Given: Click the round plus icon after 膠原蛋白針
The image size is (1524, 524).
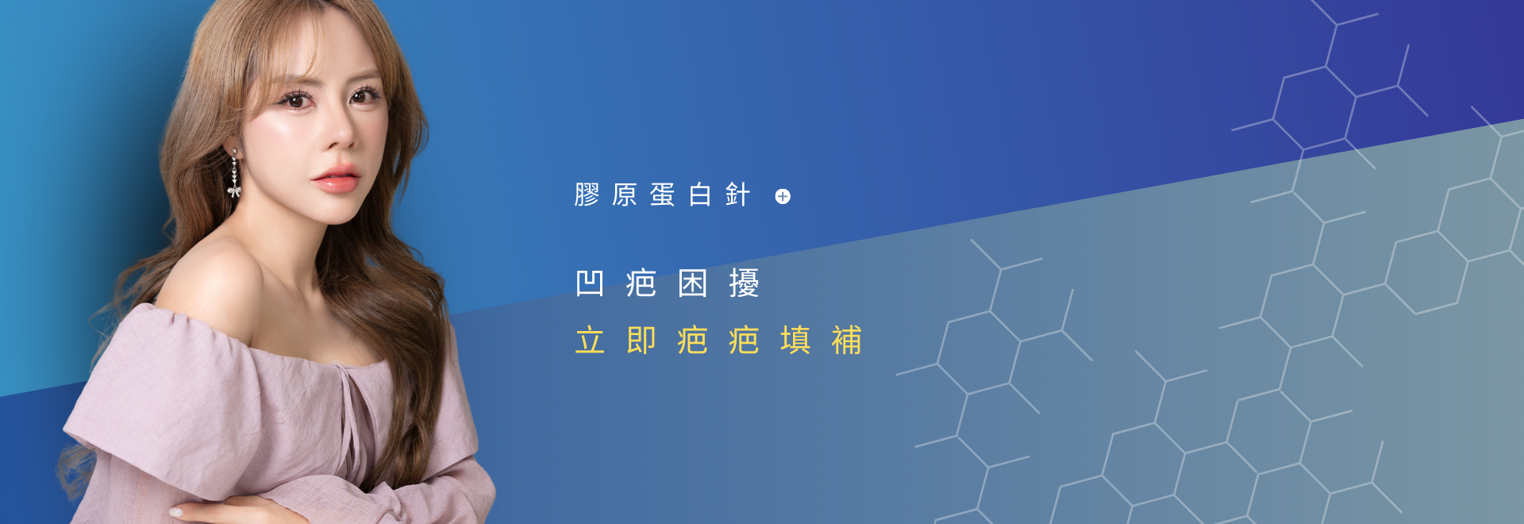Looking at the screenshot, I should click(783, 197).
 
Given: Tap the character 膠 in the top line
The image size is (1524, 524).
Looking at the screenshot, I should click(587, 195).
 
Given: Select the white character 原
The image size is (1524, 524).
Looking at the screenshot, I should click(625, 195).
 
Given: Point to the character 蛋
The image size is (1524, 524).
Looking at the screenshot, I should click(662, 195).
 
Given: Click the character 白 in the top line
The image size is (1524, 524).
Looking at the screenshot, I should click(699, 195).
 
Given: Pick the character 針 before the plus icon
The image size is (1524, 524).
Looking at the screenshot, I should click(737, 195).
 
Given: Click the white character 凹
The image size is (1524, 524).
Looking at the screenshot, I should click(590, 283).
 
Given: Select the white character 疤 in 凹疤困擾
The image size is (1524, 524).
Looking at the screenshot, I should click(641, 283).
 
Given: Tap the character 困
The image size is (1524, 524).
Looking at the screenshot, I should click(692, 283).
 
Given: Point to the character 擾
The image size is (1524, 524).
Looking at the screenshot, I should click(744, 283).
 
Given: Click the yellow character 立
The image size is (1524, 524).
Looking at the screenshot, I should click(590, 341).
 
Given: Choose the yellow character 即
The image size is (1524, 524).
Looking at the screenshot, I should click(641, 341).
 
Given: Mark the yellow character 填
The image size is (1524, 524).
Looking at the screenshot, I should click(795, 341).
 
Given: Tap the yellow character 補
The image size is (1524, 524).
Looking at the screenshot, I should click(847, 341).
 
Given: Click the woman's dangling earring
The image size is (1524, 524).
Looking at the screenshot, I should click(234, 175).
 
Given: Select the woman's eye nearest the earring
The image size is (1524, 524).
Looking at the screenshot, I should click(295, 100).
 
